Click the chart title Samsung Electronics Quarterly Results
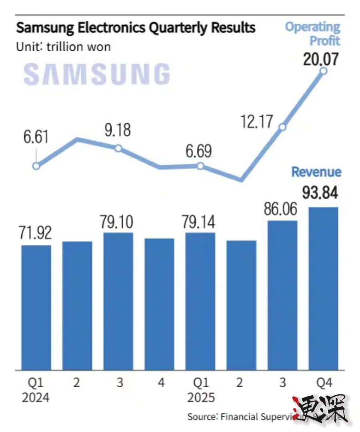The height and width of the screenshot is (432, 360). pyautogui.click(x=136, y=28)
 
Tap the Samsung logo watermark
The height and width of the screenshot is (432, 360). pyautogui.click(x=97, y=74)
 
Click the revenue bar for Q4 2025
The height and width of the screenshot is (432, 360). pyautogui.click(x=323, y=288)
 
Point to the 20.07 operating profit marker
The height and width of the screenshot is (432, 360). pyautogui.click(x=324, y=71)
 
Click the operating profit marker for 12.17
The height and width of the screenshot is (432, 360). pyautogui.click(x=282, y=127)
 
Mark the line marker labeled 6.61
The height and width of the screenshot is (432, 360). pyautogui.click(x=36, y=166)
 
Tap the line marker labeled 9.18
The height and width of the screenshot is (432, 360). pyautogui.click(x=118, y=148)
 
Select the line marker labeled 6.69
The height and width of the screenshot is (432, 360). pyautogui.click(x=200, y=166)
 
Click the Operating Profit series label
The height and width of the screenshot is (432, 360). pyautogui.click(x=313, y=34)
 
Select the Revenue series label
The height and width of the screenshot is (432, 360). pyautogui.click(x=316, y=172)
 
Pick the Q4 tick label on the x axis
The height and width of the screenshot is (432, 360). pyautogui.click(x=323, y=383)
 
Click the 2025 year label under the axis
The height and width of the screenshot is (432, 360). pyautogui.click(x=200, y=398)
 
